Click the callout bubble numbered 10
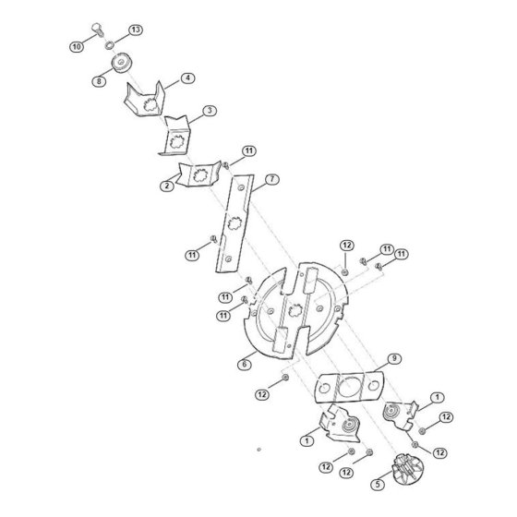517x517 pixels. (x=77, y=47)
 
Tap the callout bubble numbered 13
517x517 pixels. (x=136, y=30)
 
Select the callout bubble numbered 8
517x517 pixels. (x=99, y=81)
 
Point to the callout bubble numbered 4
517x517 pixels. (x=188, y=78)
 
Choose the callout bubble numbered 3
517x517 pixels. (x=210, y=111)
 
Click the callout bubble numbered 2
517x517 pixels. (x=167, y=186)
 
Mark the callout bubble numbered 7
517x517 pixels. (x=272, y=179)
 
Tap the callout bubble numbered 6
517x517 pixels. (x=245, y=365)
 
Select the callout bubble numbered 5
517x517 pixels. (x=378, y=485)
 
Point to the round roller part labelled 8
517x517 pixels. (x=122, y=63)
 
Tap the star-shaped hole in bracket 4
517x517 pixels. (x=150, y=105)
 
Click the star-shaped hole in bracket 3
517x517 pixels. (x=176, y=140)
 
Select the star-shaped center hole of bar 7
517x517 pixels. (x=235, y=224)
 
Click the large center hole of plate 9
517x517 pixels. (x=349, y=387)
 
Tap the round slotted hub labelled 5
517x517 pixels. (x=408, y=470)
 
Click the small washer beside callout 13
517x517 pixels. (x=109, y=45)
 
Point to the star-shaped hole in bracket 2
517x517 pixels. (x=199, y=175)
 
